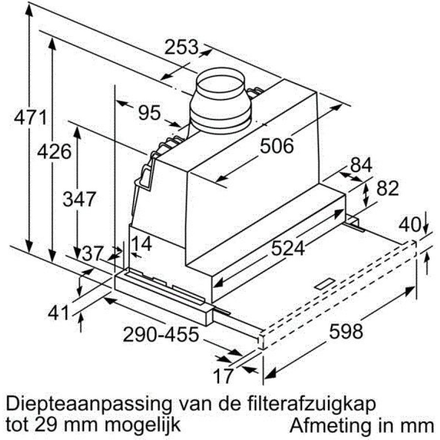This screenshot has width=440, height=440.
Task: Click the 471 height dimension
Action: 31,117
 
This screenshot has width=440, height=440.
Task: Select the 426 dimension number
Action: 54,152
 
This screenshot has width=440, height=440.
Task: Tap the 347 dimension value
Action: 79,199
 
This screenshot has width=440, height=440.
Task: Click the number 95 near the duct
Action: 150,112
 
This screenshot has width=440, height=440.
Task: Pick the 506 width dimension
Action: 277,146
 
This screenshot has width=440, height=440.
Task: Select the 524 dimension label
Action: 288,248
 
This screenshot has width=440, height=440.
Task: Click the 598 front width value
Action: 346,331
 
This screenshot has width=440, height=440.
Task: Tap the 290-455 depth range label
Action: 161,334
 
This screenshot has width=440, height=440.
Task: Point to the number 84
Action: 361,165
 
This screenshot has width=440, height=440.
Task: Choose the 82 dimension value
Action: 388,188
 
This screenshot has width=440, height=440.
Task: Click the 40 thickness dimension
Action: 410,225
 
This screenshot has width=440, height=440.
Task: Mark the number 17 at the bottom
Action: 223,376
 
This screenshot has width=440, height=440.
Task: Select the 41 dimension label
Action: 58,312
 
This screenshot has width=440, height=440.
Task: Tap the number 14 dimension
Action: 141,243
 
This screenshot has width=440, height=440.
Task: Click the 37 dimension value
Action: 92,254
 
